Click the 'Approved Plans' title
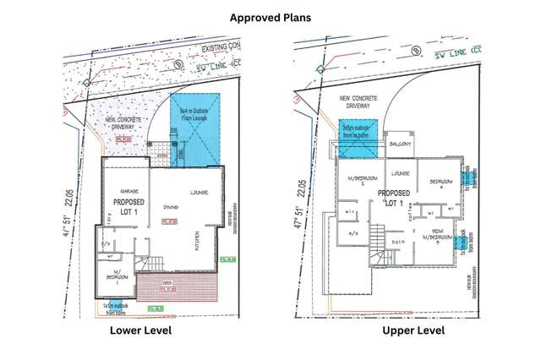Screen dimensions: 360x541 tap(270, 16)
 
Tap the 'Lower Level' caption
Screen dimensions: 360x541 tap(141, 330)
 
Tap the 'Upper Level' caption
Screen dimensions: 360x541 tap(413, 330)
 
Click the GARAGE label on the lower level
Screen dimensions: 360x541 tap(129, 192)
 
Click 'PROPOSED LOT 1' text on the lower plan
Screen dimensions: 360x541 tap(128, 208)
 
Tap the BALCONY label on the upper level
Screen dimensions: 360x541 tap(401, 145)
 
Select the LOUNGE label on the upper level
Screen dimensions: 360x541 tap(401, 174)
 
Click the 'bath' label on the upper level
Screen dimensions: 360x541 tap(398, 242)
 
